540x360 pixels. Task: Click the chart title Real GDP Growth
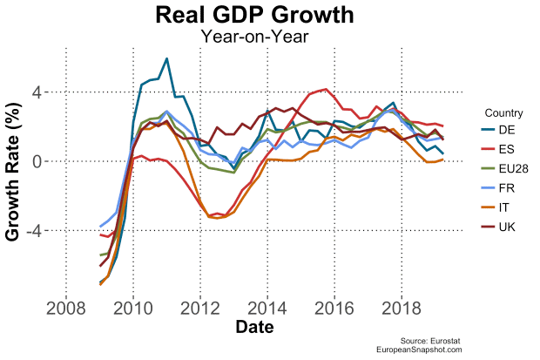tap(255, 16)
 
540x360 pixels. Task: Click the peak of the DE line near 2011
tap(165, 58)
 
